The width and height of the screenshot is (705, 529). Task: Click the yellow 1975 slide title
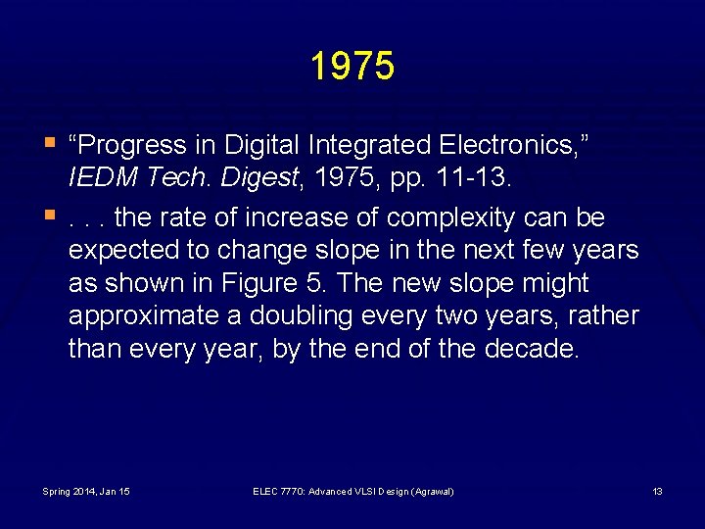[352, 67]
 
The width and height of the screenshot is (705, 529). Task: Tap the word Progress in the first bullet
[130, 145]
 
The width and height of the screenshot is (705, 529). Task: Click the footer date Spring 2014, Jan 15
[86, 491]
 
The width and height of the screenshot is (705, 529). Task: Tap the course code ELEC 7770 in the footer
[279, 491]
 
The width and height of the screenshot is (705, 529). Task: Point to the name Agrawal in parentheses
[432, 491]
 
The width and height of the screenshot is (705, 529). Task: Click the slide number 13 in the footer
[657, 491]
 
